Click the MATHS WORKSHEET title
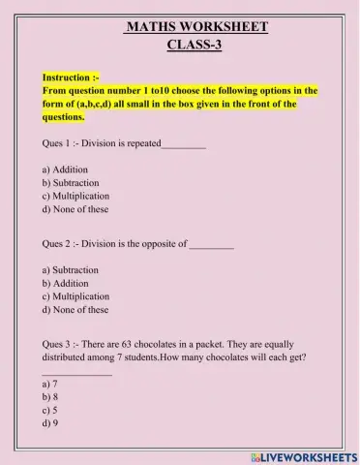195,27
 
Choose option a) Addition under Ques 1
66,169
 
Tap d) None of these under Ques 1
75,208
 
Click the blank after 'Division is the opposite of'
212,244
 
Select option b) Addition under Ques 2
66,283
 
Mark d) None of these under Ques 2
75,310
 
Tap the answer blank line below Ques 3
77,372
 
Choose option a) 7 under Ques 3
50,384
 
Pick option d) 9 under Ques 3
50,423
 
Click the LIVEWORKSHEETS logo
303,454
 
